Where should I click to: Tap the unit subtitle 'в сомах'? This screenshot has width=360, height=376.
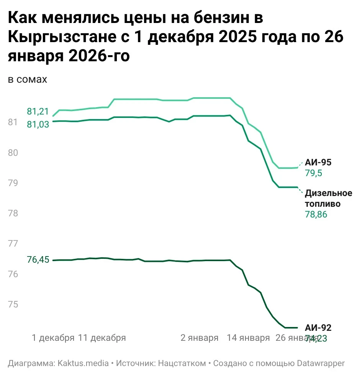click(x=27, y=79)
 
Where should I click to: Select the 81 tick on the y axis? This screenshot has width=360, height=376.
click(x=13, y=122)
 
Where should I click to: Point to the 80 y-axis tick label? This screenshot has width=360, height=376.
click(x=13, y=152)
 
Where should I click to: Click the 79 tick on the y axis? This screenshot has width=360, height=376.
click(x=13, y=183)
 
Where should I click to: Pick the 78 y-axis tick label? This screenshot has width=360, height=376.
click(x=13, y=213)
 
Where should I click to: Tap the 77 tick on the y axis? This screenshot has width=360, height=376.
click(x=13, y=244)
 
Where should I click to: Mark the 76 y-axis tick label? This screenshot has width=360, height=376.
click(x=13, y=274)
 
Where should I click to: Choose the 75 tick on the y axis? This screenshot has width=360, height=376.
click(x=13, y=304)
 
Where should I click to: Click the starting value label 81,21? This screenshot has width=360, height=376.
click(x=38, y=112)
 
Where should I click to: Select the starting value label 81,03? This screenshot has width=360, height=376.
click(x=38, y=124)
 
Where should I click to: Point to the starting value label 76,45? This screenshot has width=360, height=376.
click(x=38, y=260)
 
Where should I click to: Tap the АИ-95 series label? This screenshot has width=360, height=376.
click(x=318, y=162)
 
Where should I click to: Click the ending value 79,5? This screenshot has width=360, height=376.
click(x=313, y=173)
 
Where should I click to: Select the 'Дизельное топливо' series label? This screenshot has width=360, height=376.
click(x=322, y=198)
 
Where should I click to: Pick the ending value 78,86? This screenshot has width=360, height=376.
click(x=316, y=215)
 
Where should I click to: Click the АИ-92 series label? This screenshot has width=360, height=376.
click(x=318, y=327)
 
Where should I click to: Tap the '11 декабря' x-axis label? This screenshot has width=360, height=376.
click(x=102, y=338)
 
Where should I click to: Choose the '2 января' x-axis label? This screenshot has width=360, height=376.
click(x=199, y=338)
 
